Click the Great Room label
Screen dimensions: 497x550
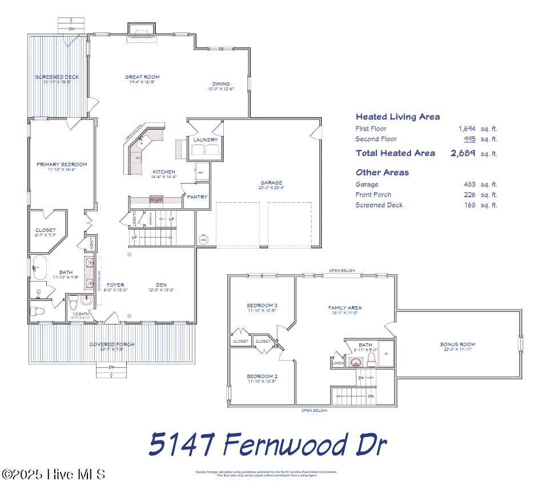point(142,77)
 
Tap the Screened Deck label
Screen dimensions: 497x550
point(57,77)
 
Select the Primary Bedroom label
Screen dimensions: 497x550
point(62,165)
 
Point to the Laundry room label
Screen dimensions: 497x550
point(205,140)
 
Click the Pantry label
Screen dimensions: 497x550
point(197,197)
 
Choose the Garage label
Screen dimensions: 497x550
point(271,183)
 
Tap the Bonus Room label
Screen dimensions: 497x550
point(457,344)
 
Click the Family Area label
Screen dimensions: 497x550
point(344,308)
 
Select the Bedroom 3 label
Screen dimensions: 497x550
point(262,305)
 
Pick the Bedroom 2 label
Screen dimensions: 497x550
point(262,376)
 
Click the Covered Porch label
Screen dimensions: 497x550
point(112,344)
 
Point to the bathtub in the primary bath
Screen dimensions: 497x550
point(40,267)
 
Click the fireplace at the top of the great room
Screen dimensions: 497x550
point(139,30)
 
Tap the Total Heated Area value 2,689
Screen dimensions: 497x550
point(463,153)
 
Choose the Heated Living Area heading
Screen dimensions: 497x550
point(398,117)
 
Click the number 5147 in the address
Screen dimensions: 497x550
point(182,444)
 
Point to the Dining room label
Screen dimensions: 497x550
point(221,84)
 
